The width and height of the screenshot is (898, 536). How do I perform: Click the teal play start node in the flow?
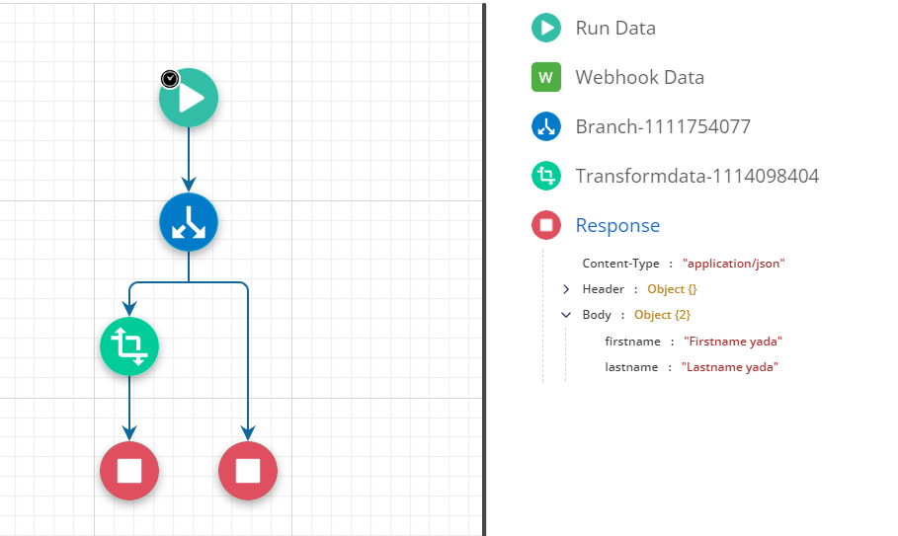189,98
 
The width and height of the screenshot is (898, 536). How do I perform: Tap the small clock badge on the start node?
170,79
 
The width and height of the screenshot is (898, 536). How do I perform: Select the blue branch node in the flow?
189,222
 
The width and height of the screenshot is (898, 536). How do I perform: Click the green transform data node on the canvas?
129,346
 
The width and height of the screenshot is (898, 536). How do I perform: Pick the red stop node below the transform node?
129,471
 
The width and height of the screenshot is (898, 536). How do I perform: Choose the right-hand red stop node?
248,471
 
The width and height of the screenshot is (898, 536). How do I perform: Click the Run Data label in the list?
614,28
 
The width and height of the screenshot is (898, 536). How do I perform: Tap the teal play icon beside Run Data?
545,28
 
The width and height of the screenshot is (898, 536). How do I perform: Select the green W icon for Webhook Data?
545,77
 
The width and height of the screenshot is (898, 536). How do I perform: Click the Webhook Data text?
639,77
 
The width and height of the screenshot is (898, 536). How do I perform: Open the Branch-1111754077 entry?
662,126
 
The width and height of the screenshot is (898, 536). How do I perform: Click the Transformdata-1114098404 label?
696,176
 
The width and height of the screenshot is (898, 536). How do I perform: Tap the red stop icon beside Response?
545,225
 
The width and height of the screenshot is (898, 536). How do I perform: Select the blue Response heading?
617,225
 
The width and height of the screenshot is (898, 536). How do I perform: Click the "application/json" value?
733,264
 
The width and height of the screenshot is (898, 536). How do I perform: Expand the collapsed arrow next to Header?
566,289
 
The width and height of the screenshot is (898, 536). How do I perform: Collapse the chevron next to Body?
566,315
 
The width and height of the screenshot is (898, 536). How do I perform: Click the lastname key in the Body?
631,367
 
